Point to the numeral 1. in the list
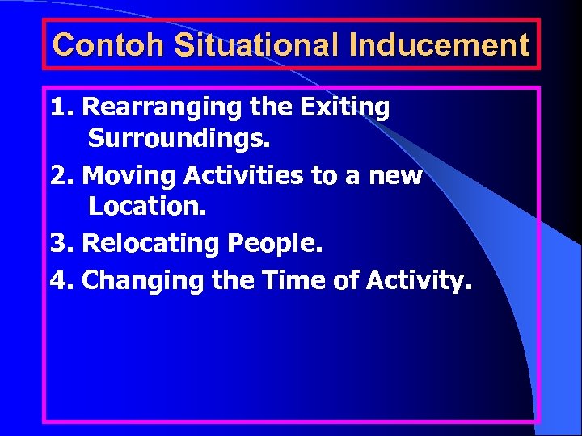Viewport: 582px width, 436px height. (62, 107)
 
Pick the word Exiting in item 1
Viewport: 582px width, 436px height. (348, 107)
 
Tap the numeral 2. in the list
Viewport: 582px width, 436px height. (62, 175)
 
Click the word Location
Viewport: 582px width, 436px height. (148, 207)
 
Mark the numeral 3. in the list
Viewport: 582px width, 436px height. (62, 244)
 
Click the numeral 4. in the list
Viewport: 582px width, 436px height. (62, 281)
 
